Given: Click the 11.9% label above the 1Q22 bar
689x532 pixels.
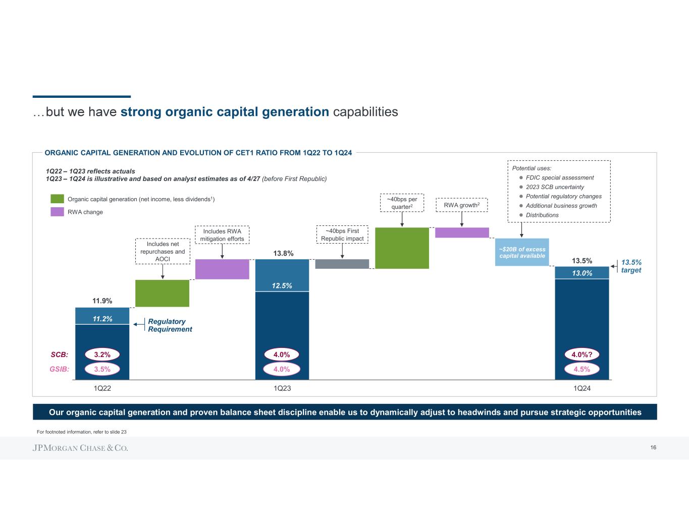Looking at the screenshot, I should [102, 301].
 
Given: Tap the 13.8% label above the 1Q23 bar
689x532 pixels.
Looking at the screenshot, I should [283, 253].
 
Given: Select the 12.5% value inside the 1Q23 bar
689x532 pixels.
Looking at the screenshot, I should [282, 285].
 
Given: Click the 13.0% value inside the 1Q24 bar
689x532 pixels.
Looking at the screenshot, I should [582, 273].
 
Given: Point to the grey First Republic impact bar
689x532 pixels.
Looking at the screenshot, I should [342, 264].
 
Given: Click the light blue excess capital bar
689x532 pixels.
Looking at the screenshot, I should [522, 252].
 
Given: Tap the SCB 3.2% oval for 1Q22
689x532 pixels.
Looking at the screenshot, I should [102, 354].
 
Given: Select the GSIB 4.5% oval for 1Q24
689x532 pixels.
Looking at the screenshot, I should [582, 369].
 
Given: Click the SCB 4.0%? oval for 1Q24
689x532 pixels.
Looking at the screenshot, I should [582, 354].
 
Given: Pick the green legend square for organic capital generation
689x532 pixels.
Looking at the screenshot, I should [57, 199].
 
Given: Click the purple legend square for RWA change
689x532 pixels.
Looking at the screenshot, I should [57, 212].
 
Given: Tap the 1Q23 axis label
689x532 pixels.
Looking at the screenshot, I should [282, 388].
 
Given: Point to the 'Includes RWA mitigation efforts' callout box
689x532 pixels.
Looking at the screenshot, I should [222, 235].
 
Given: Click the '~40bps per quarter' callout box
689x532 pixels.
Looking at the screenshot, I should [402, 203].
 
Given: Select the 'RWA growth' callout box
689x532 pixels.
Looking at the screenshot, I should [462, 205].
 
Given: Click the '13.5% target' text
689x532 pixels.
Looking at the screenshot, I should [631, 266].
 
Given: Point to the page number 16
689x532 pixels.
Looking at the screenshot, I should [653, 448].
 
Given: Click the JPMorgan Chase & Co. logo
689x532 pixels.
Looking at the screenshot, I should [81, 448].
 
